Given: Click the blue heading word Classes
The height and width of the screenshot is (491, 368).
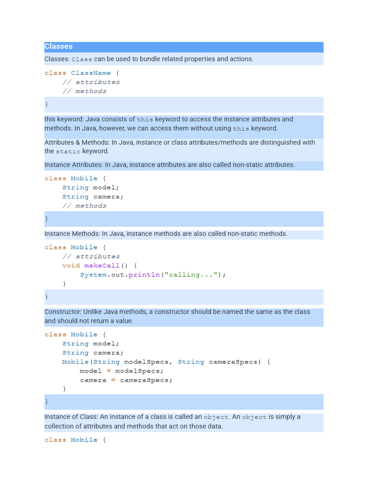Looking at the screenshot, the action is pos(58,47).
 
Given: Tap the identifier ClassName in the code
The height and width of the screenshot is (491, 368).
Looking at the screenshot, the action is pos(91,73).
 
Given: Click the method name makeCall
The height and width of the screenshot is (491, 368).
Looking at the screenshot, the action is pos(102,266).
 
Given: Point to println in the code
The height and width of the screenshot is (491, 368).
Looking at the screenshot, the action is pos(141,275).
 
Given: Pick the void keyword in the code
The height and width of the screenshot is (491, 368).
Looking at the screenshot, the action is pos(71,266).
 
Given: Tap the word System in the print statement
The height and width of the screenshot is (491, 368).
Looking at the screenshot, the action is pos(93,275).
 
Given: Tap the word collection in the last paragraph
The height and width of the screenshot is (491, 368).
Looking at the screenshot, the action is pos(61,426).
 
